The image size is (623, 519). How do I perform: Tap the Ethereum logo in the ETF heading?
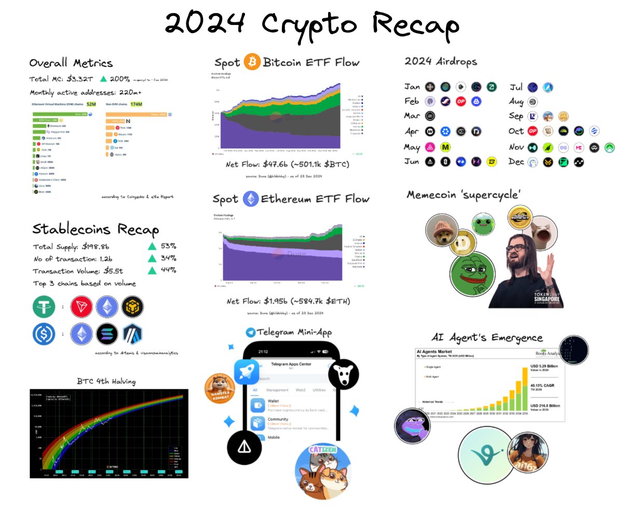[251, 199]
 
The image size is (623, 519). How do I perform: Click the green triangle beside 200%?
[104, 79]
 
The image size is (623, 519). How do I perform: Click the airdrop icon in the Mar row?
[430, 116]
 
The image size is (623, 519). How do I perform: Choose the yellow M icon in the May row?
[445, 147]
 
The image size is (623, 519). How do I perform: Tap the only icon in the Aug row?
[532, 102]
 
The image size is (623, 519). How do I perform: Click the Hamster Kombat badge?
[220, 387]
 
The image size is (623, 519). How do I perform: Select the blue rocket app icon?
[247, 372]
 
